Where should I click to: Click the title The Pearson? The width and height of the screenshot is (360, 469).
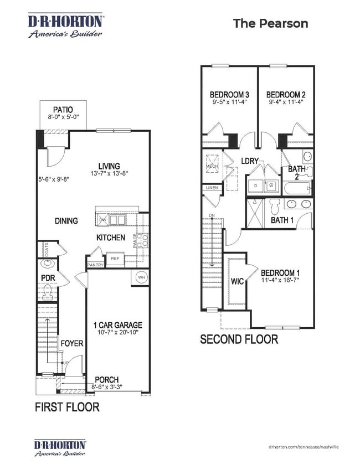[270, 23]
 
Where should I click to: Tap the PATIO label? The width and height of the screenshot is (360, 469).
[63, 110]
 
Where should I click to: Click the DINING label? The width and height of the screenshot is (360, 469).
[66, 220]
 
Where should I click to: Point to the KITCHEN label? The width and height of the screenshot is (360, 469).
[111, 238]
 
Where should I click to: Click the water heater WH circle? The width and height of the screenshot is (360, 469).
[140, 277]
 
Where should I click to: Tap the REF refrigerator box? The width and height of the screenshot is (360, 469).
[115, 259]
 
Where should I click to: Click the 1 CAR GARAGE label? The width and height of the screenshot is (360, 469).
[117, 325]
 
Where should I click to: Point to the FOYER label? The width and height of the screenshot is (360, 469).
[71, 343]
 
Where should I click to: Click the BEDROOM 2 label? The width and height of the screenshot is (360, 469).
[286, 94]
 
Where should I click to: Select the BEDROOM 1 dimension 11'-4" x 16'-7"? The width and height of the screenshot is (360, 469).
[280, 281]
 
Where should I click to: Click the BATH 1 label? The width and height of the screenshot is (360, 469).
[282, 220]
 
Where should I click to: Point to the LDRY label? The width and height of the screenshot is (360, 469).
[251, 161]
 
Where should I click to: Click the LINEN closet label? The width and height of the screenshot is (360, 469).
[212, 188]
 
